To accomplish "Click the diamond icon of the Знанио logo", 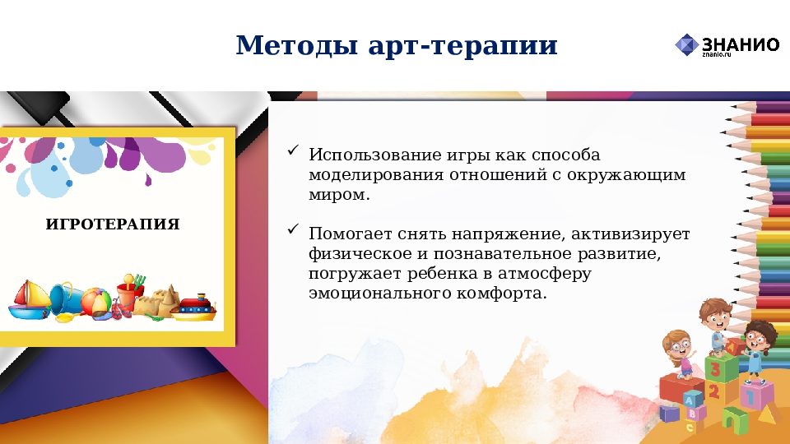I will tap(686, 44).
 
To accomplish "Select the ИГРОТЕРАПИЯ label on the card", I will tap(112, 224).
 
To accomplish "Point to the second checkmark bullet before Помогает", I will tap(293, 232).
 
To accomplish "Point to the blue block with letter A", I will tap(691, 400).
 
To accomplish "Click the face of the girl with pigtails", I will tap(676, 345).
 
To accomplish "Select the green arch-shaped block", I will tap(732, 419).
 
